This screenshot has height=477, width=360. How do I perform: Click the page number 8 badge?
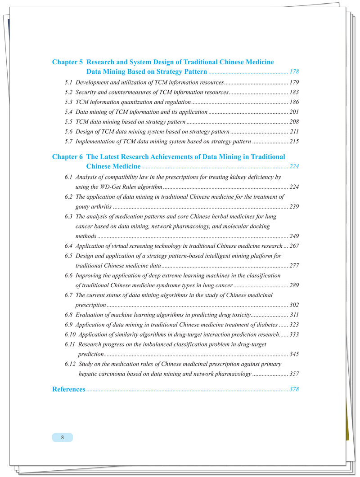62,437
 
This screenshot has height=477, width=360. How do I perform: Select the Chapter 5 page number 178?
295,72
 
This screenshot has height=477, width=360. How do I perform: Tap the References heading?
68,389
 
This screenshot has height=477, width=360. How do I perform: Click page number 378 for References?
295,389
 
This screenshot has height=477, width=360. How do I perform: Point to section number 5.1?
69,83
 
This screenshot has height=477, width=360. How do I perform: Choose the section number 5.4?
69,112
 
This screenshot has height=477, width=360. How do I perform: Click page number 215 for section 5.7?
295,142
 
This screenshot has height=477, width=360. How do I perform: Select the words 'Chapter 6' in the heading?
67,157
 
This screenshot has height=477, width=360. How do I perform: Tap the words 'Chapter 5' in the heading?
67,62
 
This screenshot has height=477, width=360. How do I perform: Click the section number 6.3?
69,217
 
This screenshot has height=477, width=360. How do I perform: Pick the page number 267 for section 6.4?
295,246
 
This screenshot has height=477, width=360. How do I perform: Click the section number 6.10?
70,334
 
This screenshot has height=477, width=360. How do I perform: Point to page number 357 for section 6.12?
295,374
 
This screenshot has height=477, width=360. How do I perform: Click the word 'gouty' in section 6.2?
84,207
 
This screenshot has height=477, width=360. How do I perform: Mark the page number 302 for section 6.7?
295,305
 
